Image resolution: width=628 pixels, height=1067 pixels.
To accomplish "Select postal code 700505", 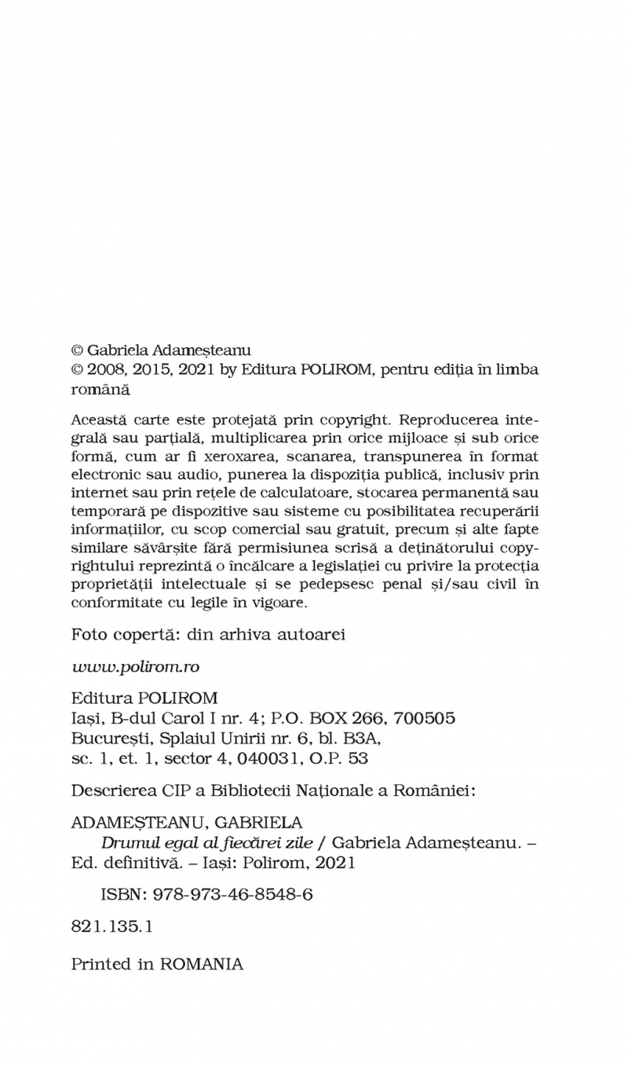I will click(424, 718).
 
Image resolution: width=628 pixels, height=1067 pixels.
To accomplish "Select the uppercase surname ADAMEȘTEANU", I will click(137, 823).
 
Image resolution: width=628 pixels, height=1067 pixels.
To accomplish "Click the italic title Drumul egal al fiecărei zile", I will click(207, 842).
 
